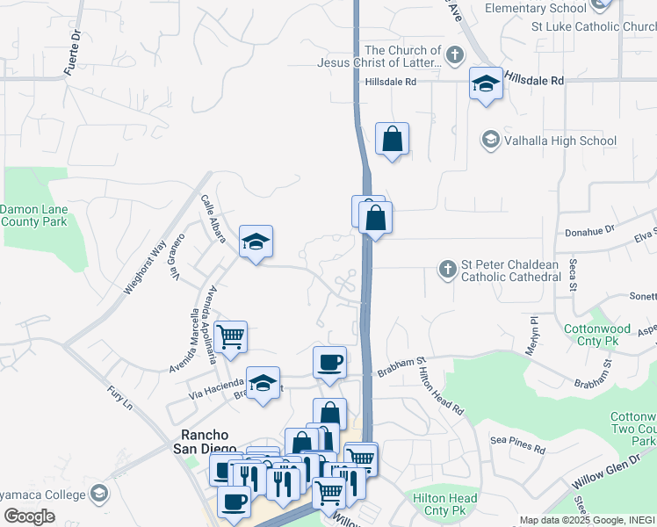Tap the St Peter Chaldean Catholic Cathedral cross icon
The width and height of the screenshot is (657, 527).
[x=448, y=269]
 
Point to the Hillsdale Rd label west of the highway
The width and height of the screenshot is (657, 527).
[x=391, y=82]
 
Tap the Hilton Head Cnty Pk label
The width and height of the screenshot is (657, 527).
[x=445, y=504]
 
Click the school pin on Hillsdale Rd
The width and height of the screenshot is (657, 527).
[x=486, y=84]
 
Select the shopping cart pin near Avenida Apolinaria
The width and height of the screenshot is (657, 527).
[x=230, y=336]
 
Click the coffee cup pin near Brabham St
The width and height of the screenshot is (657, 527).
[x=329, y=362]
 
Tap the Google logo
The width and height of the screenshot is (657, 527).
[x=30, y=516]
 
